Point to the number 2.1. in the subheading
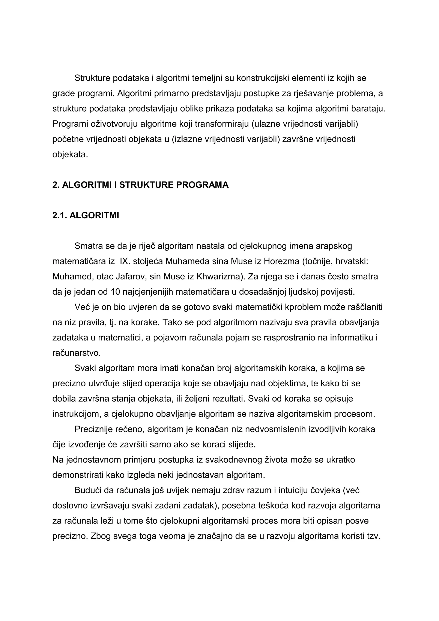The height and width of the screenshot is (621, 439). tap(60, 216)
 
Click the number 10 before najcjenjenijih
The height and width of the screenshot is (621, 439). tap(116, 292)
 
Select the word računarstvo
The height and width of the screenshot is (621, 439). tap(77, 353)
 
